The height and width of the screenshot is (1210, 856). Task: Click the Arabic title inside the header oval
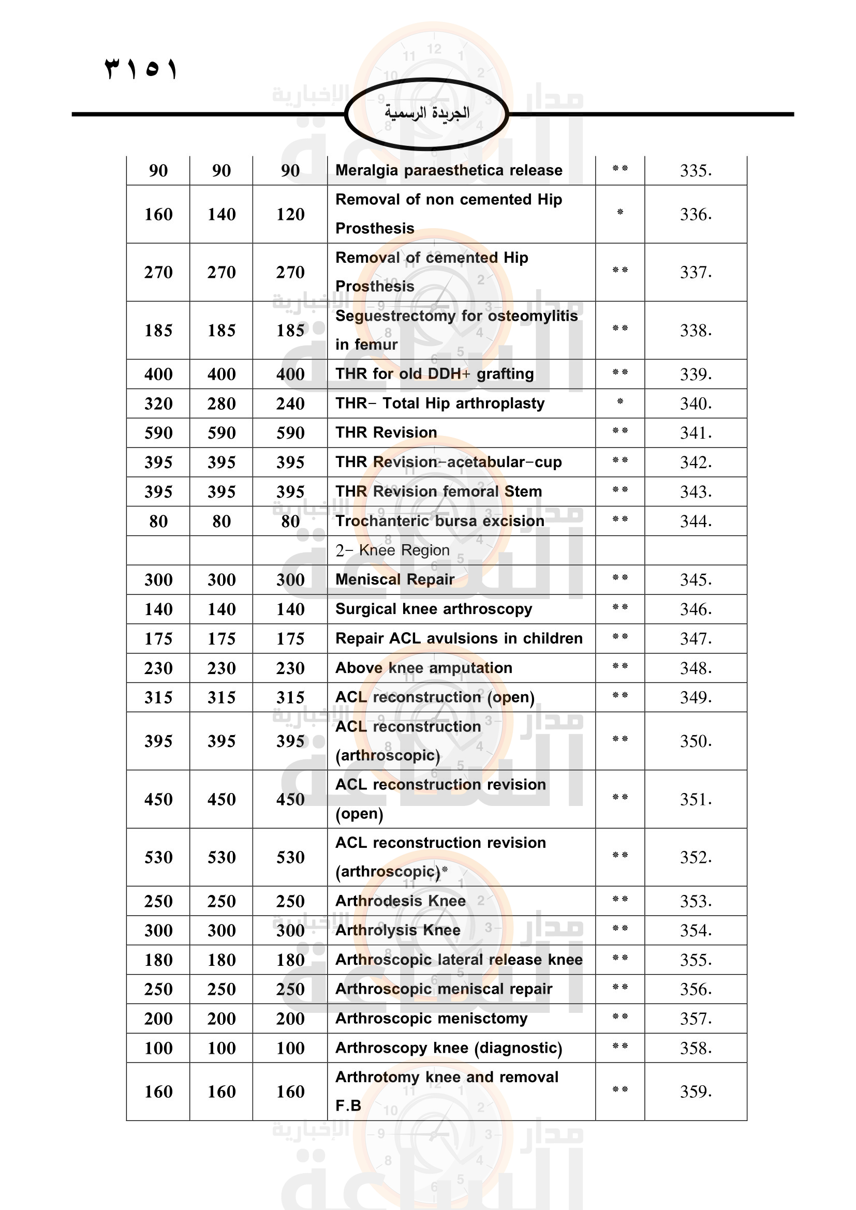point(426,113)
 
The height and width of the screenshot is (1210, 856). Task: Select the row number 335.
point(695,171)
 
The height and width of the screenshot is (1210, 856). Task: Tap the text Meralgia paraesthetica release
point(449,170)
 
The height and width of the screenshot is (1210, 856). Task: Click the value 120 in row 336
point(290,215)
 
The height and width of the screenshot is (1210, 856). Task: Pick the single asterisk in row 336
point(620,213)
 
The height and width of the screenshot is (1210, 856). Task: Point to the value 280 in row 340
point(222,404)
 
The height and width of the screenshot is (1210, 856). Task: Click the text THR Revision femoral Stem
point(438,491)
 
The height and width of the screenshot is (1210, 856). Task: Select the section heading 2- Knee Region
point(392,550)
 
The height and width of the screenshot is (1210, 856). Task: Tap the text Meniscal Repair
point(395,580)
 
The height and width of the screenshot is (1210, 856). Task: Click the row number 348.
point(695,668)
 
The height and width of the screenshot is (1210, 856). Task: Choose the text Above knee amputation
point(424,668)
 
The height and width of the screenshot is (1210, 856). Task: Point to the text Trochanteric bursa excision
point(439,521)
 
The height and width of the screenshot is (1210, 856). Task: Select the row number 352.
point(695,857)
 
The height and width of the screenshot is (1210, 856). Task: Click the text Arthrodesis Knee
point(401,901)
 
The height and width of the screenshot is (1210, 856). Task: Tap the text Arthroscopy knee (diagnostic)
point(449,1048)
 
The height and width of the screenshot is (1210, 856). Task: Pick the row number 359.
point(695,1092)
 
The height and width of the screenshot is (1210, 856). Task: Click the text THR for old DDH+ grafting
point(434,374)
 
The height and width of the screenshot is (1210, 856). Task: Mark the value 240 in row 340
point(290,404)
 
